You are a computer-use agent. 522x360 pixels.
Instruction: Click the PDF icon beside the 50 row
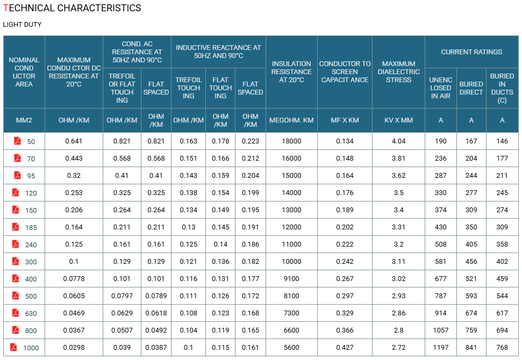(x=17, y=141)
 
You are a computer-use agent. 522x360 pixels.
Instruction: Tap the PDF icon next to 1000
(x=13, y=347)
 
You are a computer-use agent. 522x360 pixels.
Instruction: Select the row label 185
(x=31, y=228)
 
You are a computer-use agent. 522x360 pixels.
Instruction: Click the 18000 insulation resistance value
(x=291, y=141)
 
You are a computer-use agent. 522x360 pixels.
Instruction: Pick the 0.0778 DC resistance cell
(x=74, y=279)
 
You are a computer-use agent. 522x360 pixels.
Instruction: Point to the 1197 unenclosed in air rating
(x=440, y=347)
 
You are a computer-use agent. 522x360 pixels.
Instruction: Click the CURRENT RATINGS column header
(x=471, y=52)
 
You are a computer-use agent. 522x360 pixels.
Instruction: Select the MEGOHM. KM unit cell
(x=291, y=120)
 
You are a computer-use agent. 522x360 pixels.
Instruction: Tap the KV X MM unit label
(x=398, y=120)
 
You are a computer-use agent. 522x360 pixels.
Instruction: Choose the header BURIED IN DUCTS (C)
(x=502, y=88)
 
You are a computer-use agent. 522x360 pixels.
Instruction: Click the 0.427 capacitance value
(x=345, y=347)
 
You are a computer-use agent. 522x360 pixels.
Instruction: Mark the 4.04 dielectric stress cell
(x=398, y=141)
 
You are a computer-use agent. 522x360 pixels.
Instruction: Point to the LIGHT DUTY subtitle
(x=22, y=25)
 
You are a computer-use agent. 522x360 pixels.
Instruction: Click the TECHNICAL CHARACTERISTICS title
(x=72, y=8)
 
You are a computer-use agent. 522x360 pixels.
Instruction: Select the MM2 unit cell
(x=24, y=120)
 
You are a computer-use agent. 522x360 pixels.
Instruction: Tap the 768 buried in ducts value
(x=502, y=347)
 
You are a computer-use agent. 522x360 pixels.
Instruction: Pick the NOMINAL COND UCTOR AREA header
(x=24, y=72)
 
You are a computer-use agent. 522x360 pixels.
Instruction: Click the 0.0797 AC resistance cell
(x=122, y=296)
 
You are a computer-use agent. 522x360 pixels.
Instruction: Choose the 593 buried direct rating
(x=471, y=296)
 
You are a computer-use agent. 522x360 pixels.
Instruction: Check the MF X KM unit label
(x=345, y=120)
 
